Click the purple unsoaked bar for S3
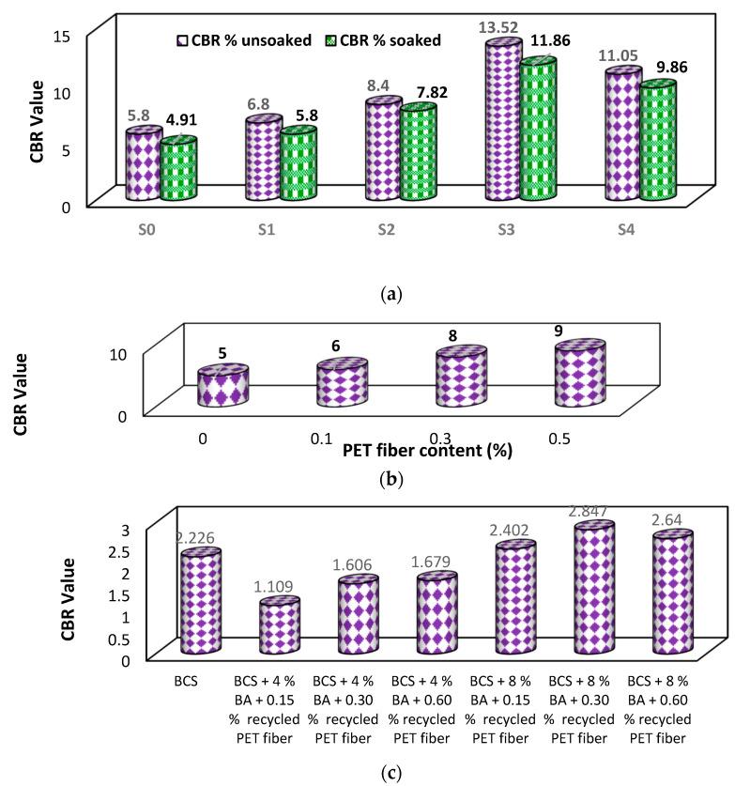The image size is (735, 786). (503, 122)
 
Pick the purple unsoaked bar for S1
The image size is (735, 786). (264, 159)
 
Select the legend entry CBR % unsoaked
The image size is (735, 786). (244, 39)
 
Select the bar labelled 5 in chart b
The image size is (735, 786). (222, 387)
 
